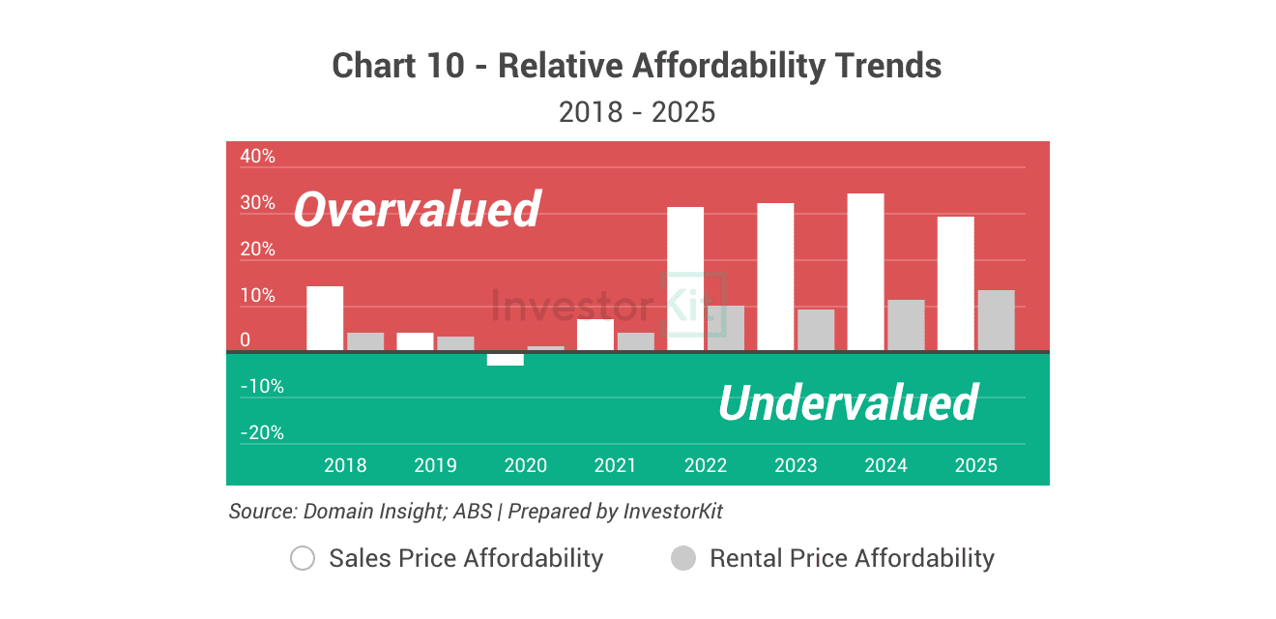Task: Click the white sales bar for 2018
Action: click(325, 318)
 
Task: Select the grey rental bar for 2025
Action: click(996, 320)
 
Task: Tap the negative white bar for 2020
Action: click(505, 359)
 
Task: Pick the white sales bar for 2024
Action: click(865, 272)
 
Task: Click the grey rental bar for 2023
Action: click(816, 330)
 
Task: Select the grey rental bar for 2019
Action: click(455, 343)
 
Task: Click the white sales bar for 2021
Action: click(595, 335)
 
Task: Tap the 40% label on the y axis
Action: click(257, 157)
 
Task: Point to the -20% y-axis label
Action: click(261, 433)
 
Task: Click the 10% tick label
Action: click(257, 296)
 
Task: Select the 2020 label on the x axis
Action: click(525, 465)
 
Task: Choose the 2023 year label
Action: click(796, 465)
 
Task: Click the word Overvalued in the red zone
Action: click(417, 210)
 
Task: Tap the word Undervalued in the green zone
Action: click(848, 402)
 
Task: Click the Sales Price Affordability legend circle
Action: click(303, 558)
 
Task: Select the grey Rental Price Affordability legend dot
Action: click(683, 558)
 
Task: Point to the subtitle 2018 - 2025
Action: click(637, 112)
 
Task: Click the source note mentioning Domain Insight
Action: click(476, 511)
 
